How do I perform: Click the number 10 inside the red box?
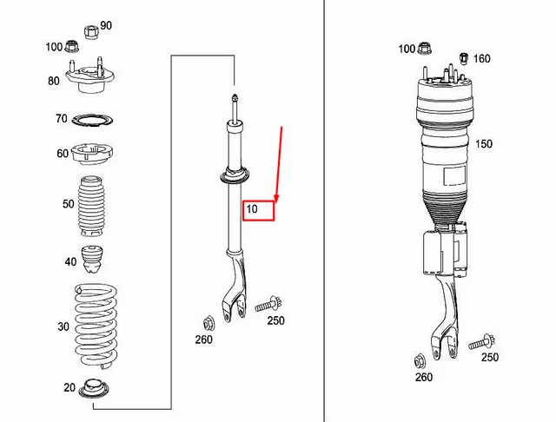252,209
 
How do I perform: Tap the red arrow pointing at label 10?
279,165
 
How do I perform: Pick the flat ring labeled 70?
92,119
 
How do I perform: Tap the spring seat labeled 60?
92,155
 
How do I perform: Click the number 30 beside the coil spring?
63,326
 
